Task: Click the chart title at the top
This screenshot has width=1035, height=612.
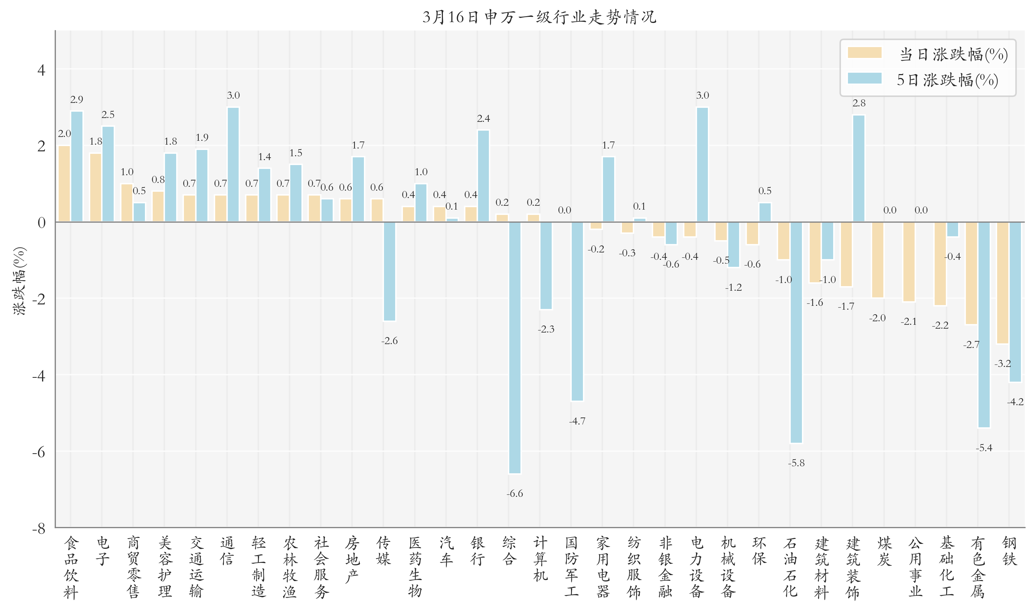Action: (x=539, y=17)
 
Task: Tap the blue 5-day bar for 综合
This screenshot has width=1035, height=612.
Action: (x=515, y=348)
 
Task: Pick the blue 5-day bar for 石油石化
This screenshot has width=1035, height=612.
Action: (x=796, y=333)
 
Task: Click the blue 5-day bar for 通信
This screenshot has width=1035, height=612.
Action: (x=233, y=165)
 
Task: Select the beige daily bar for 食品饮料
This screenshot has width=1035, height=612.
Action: (x=64, y=184)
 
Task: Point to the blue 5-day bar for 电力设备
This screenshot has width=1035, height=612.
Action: (x=702, y=165)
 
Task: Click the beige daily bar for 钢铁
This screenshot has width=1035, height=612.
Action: (x=1003, y=283)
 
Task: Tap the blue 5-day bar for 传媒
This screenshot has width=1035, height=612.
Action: (x=390, y=271)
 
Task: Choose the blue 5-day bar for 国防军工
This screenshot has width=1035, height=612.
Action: (x=577, y=311)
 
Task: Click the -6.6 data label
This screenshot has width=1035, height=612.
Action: (x=515, y=494)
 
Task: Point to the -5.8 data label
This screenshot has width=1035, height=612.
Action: (x=796, y=463)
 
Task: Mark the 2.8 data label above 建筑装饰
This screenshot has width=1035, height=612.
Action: (x=859, y=103)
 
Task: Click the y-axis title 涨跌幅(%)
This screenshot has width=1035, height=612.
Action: (x=20, y=281)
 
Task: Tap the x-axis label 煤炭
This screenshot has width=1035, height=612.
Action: (x=884, y=551)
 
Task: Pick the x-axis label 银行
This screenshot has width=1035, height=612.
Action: (x=478, y=551)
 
